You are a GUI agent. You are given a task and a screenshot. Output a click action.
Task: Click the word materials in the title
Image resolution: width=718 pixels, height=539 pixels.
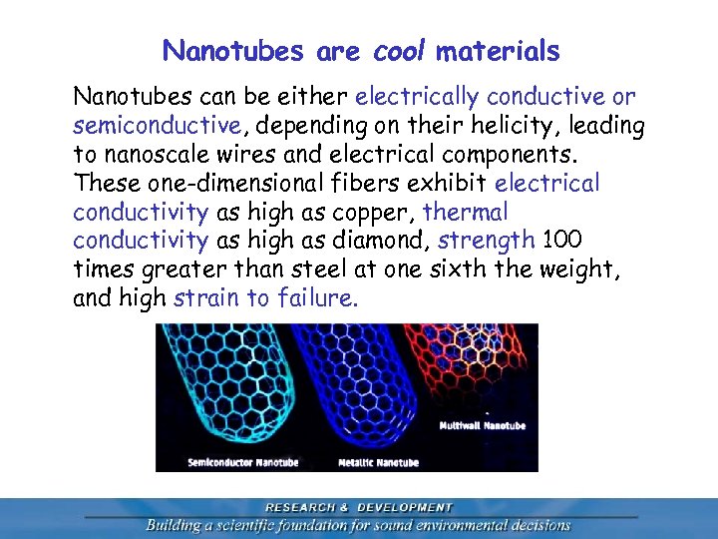click(498, 50)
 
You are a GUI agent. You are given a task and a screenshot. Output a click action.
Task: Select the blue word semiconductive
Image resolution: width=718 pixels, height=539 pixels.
click(157, 126)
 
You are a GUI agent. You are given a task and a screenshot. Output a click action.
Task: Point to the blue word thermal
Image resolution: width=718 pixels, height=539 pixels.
click(466, 212)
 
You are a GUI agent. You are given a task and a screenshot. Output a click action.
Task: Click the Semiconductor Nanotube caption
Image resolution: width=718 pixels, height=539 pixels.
click(243, 462)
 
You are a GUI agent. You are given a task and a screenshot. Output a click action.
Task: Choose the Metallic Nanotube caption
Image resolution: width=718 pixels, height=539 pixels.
click(378, 462)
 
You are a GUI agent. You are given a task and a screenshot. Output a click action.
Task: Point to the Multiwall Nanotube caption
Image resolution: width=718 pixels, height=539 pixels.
click(483, 426)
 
